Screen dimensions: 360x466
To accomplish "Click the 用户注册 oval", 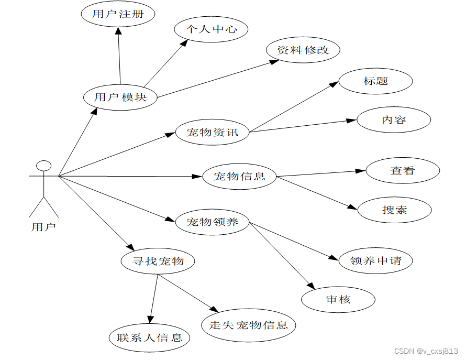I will pyautogui.click(x=118, y=14).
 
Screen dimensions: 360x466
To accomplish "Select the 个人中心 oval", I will pyautogui.click(x=211, y=29).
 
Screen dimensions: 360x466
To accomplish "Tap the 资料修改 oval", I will pyautogui.click(x=303, y=50).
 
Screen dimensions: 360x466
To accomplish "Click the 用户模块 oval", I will pyautogui.click(x=120, y=97).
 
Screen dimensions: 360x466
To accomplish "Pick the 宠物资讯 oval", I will pyautogui.click(x=213, y=132).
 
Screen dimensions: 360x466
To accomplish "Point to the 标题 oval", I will pyautogui.click(x=375, y=81).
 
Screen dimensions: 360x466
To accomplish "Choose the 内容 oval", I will pyautogui.click(x=394, y=120).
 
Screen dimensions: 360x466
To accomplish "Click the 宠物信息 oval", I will pyautogui.click(x=239, y=176).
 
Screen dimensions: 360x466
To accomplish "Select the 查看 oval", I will pyautogui.click(x=402, y=170).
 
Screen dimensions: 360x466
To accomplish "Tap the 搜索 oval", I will pyautogui.click(x=394, y=210).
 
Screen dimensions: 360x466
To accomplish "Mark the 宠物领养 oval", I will pyautogui.click(x=213, y=222).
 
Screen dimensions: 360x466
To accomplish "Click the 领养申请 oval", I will pyautogui.click(x=375, y=260).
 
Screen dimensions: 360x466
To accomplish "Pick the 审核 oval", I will pyautogui.click(x=338, y=300).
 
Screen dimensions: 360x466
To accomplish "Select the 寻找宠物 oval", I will pyautogui.click(x=158, y=260).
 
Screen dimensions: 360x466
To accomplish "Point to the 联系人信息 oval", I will pyautogui.click(x=150, y=337).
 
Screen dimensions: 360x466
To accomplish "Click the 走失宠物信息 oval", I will pyautogui.click(x=249, y=325).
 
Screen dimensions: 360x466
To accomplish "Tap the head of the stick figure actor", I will pyautogui.click(x=44, y=166).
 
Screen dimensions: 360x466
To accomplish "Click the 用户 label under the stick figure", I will pyautogui.click(x=44, y=227).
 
